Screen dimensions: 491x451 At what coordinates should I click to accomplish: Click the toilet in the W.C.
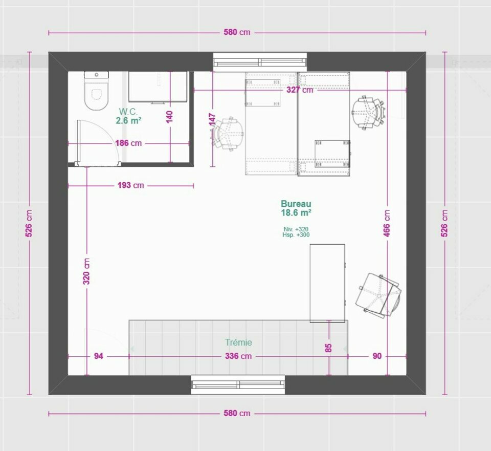click(x=97, y=91)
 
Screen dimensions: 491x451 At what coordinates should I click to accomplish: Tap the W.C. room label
click(x=128, y=112)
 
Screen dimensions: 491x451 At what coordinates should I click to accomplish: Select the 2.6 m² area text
click(x=128, y=120)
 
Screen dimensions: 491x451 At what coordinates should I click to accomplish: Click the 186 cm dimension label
click(x=128, y=143)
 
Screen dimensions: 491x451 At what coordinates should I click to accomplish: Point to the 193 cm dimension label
click(x=130, y=185)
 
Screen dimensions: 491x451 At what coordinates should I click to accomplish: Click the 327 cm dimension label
click(x=300, y=90)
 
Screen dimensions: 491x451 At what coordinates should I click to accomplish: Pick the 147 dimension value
click(x=212, y=120)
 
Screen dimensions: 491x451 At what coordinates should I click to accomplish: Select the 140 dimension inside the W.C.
click(x=169, y=117)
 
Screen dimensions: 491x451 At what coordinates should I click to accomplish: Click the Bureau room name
click(x=296, y=204)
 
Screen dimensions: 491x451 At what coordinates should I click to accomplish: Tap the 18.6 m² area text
click(x=296, y=213)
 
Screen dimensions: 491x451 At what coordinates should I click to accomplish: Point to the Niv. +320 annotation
click(x=296, y=229)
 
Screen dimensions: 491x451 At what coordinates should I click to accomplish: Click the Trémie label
click(x=238, y=342)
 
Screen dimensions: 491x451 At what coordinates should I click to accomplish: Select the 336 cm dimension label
click(x=238, y=356)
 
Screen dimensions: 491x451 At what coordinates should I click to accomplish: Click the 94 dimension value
click(x=99, y=356)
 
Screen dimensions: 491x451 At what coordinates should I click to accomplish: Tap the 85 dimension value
click(x=328, y=348)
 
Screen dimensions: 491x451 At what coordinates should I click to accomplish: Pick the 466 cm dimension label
click(x=387, y=224)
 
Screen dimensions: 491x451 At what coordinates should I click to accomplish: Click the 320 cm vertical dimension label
click(x=86, y=271)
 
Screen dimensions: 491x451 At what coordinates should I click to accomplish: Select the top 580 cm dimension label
click(x=237, y=32)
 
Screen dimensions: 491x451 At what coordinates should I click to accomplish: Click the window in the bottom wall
click(x=238, y=384)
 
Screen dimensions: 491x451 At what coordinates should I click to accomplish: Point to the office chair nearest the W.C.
click(x=228, y=134)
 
